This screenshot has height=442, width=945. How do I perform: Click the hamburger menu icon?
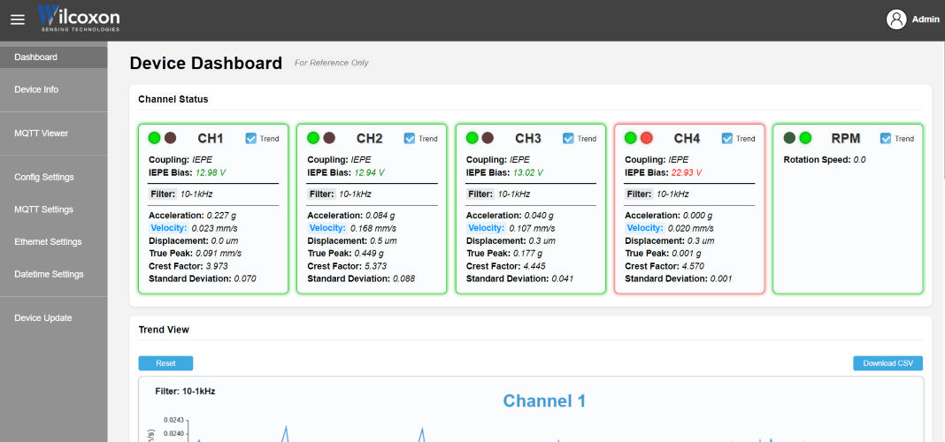coord(18,19)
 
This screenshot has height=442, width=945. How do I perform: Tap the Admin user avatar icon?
coord(896,19)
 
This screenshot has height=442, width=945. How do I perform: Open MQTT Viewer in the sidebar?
coord(41,133)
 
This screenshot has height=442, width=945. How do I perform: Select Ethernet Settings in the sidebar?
coord(48,241)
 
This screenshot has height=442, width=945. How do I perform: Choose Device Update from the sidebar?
coord(42,318)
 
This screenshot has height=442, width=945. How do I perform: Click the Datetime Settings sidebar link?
coord(49,274)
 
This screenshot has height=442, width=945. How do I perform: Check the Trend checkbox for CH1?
coord(251,139)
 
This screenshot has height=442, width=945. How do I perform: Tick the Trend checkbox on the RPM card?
coord(886,139)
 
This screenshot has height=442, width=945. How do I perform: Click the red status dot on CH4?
coord(647,138)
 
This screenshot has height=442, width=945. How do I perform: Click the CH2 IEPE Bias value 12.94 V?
coord(369,172)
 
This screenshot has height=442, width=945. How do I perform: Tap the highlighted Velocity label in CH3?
coord(485,228)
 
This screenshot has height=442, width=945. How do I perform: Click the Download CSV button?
coord(887,363)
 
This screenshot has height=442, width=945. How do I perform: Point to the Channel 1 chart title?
coord(544,400)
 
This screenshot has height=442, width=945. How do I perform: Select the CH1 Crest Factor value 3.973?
coord(217,265)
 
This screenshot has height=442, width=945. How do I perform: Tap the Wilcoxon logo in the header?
coord(79,18)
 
